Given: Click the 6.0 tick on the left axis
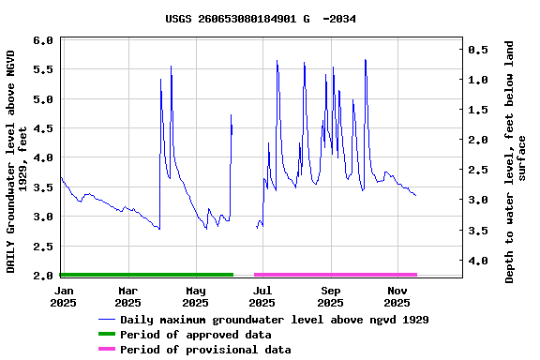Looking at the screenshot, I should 42,41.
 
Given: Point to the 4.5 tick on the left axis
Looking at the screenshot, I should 42,128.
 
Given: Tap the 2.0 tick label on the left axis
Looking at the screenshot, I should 42,276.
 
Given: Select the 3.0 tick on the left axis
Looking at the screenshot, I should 42,217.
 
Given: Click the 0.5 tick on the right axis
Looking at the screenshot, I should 476,50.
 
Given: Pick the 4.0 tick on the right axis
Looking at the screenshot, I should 476,261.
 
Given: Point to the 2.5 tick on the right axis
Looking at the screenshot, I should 476,170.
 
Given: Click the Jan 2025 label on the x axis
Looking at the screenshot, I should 63,296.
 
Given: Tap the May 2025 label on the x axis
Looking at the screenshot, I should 195,296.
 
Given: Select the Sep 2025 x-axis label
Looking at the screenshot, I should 330,296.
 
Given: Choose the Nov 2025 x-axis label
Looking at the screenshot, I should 397,296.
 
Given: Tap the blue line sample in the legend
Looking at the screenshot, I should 119,320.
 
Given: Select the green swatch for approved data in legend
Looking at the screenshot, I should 119,335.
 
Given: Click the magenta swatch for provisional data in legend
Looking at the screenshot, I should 119,350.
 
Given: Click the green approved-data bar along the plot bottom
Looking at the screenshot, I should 146,275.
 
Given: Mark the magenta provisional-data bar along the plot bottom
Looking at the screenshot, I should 335,275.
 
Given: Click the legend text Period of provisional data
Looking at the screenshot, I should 218,350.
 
